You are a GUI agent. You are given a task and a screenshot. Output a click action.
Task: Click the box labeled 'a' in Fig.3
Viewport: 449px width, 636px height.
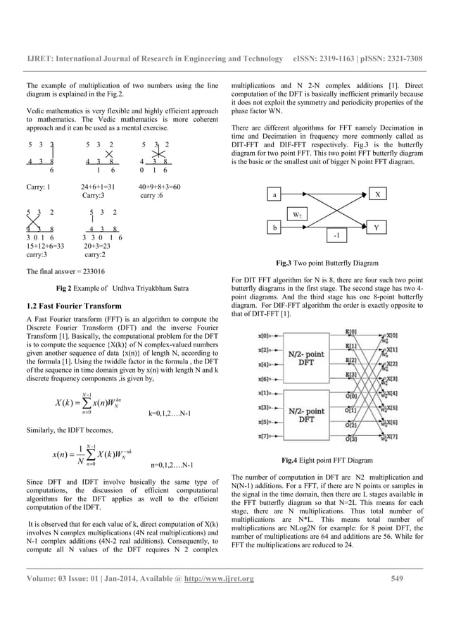[x=275, y=192]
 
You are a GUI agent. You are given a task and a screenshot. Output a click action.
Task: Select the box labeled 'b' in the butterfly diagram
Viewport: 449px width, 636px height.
[x=275, y=227]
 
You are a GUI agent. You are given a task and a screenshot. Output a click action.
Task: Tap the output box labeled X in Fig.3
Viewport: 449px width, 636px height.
[x=378, y=192]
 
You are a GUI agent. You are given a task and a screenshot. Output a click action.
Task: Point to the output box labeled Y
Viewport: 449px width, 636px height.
[x=378, y=227]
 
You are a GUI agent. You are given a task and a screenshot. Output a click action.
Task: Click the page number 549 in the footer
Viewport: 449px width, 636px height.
[x=399, y=599]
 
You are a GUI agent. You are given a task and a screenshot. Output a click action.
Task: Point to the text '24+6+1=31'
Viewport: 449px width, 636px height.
[x=99, y=187]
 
